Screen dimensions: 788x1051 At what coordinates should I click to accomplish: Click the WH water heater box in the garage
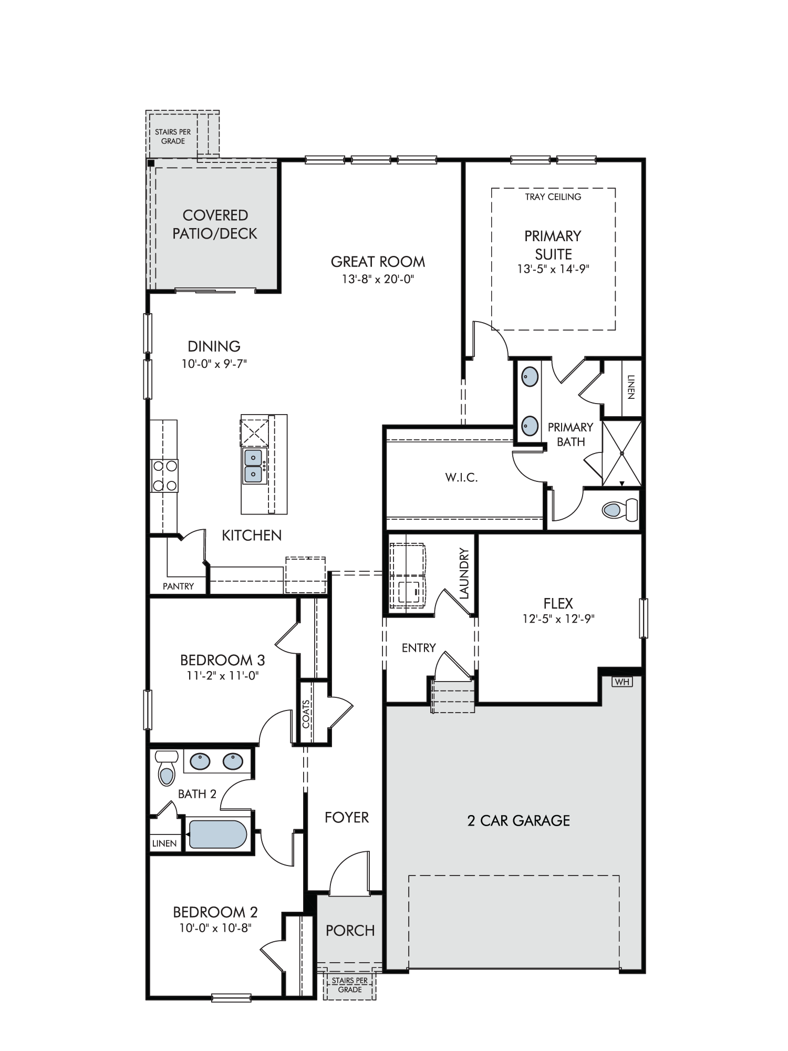click(622, 682)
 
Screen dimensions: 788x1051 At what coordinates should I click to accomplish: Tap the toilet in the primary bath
click(620, 509)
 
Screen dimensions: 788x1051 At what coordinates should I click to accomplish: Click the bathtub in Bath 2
click(217, 834)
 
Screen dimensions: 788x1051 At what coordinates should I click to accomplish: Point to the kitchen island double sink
click(254, 467)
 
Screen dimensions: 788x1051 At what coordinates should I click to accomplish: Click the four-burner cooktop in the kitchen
click(164, 476)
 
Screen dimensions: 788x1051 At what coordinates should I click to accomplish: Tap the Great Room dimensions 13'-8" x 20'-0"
click(378, 279)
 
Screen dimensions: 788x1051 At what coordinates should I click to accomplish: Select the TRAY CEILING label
click(553, 197)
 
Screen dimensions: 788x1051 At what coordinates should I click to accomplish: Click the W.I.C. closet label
click(461, 478)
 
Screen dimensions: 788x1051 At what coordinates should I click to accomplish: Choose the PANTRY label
click(178, 586)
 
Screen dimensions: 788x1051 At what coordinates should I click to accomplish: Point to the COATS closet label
click(306, 713)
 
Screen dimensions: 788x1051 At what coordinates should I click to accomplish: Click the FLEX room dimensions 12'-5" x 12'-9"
click(558, 619)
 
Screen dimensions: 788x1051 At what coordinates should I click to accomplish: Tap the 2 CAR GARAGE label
click(519, 821)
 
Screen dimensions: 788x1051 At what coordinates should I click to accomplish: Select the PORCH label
click(350, 931)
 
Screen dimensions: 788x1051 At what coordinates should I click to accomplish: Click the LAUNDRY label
click(463, 574)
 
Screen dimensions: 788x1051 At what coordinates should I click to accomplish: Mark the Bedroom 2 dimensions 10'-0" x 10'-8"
click(215, 929)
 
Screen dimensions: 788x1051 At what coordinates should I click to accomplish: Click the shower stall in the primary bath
click(621, 452)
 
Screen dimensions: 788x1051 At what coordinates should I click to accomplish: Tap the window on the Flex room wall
click(644, 619)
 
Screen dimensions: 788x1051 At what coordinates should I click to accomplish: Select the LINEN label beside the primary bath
click(630, 387)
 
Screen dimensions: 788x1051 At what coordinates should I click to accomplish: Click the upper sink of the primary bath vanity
click(530, 376)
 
